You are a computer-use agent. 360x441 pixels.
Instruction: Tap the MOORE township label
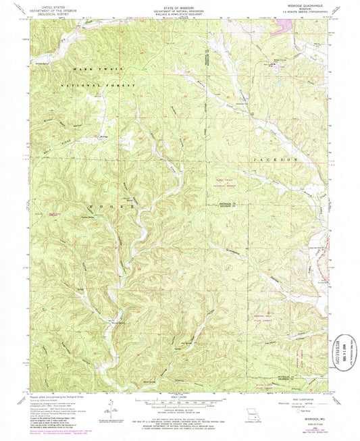103,204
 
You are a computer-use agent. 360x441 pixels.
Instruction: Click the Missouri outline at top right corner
349,9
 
